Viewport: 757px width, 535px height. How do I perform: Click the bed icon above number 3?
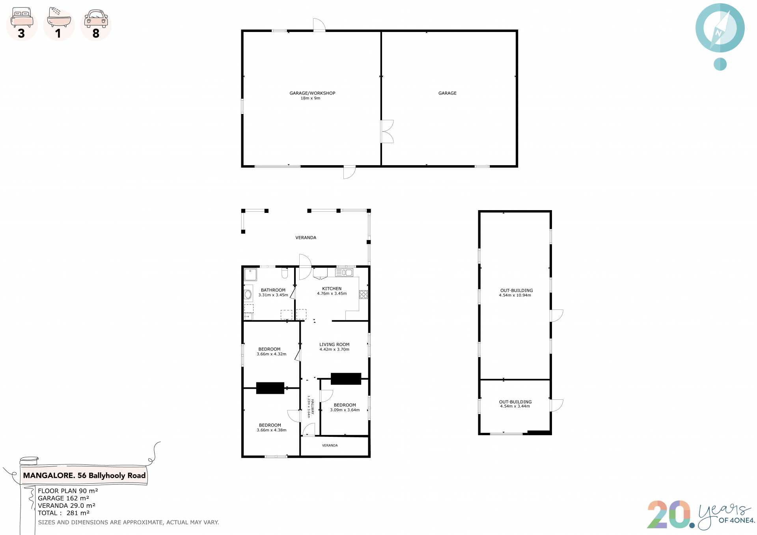pos(22,17)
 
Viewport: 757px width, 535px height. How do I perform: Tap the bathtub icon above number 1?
pos(59,17)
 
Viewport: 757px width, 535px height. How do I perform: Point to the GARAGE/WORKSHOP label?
pos(312,93)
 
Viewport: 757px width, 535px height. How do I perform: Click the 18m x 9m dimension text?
pos(310,99)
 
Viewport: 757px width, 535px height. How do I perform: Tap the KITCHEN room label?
pos(332,289)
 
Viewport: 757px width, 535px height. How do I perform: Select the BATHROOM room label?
pos(273,290)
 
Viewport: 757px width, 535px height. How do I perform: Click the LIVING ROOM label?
pos(334,345)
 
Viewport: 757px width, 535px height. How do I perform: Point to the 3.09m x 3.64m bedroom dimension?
pos(345,410)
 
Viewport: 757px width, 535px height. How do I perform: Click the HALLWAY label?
pos(313,406)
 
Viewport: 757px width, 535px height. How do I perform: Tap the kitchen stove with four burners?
pos(364,294)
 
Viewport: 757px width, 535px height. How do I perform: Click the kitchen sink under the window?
pos(344,272)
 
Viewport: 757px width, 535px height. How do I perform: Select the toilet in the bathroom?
pos(285,273)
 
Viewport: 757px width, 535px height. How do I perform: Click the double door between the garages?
pos(387,132)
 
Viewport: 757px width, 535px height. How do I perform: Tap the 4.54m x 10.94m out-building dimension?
pos(515,295)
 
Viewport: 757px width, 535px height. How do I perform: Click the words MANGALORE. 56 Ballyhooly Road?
pos(84,475)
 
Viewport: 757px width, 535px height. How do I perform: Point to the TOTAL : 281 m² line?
pos(64,513)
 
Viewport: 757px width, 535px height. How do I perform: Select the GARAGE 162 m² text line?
pos(63,498)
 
